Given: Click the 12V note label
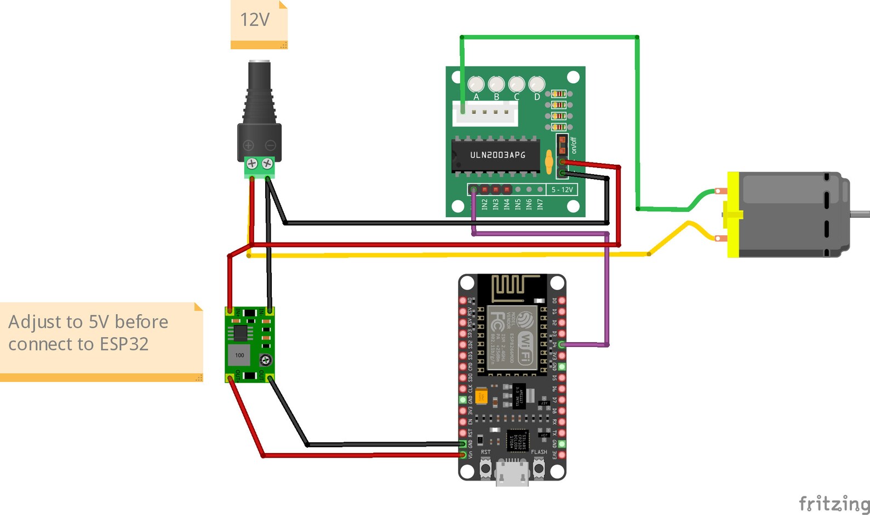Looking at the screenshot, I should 255,20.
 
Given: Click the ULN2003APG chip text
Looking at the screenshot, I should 497,155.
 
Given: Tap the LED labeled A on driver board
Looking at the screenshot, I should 476,84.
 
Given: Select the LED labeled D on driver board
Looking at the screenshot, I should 536,84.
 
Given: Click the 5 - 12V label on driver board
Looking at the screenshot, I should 562,189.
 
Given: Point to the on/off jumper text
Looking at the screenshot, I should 574,146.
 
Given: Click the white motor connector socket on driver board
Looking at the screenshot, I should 485,113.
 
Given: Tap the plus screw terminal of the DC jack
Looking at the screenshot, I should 252,163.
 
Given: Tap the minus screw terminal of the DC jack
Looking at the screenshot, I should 267,163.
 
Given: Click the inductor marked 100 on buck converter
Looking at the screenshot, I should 239,355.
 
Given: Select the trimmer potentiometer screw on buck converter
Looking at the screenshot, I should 266,360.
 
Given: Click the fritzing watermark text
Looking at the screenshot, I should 833,503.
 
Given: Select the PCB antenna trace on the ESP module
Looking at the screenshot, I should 512,287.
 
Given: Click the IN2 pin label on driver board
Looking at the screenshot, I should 484,204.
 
